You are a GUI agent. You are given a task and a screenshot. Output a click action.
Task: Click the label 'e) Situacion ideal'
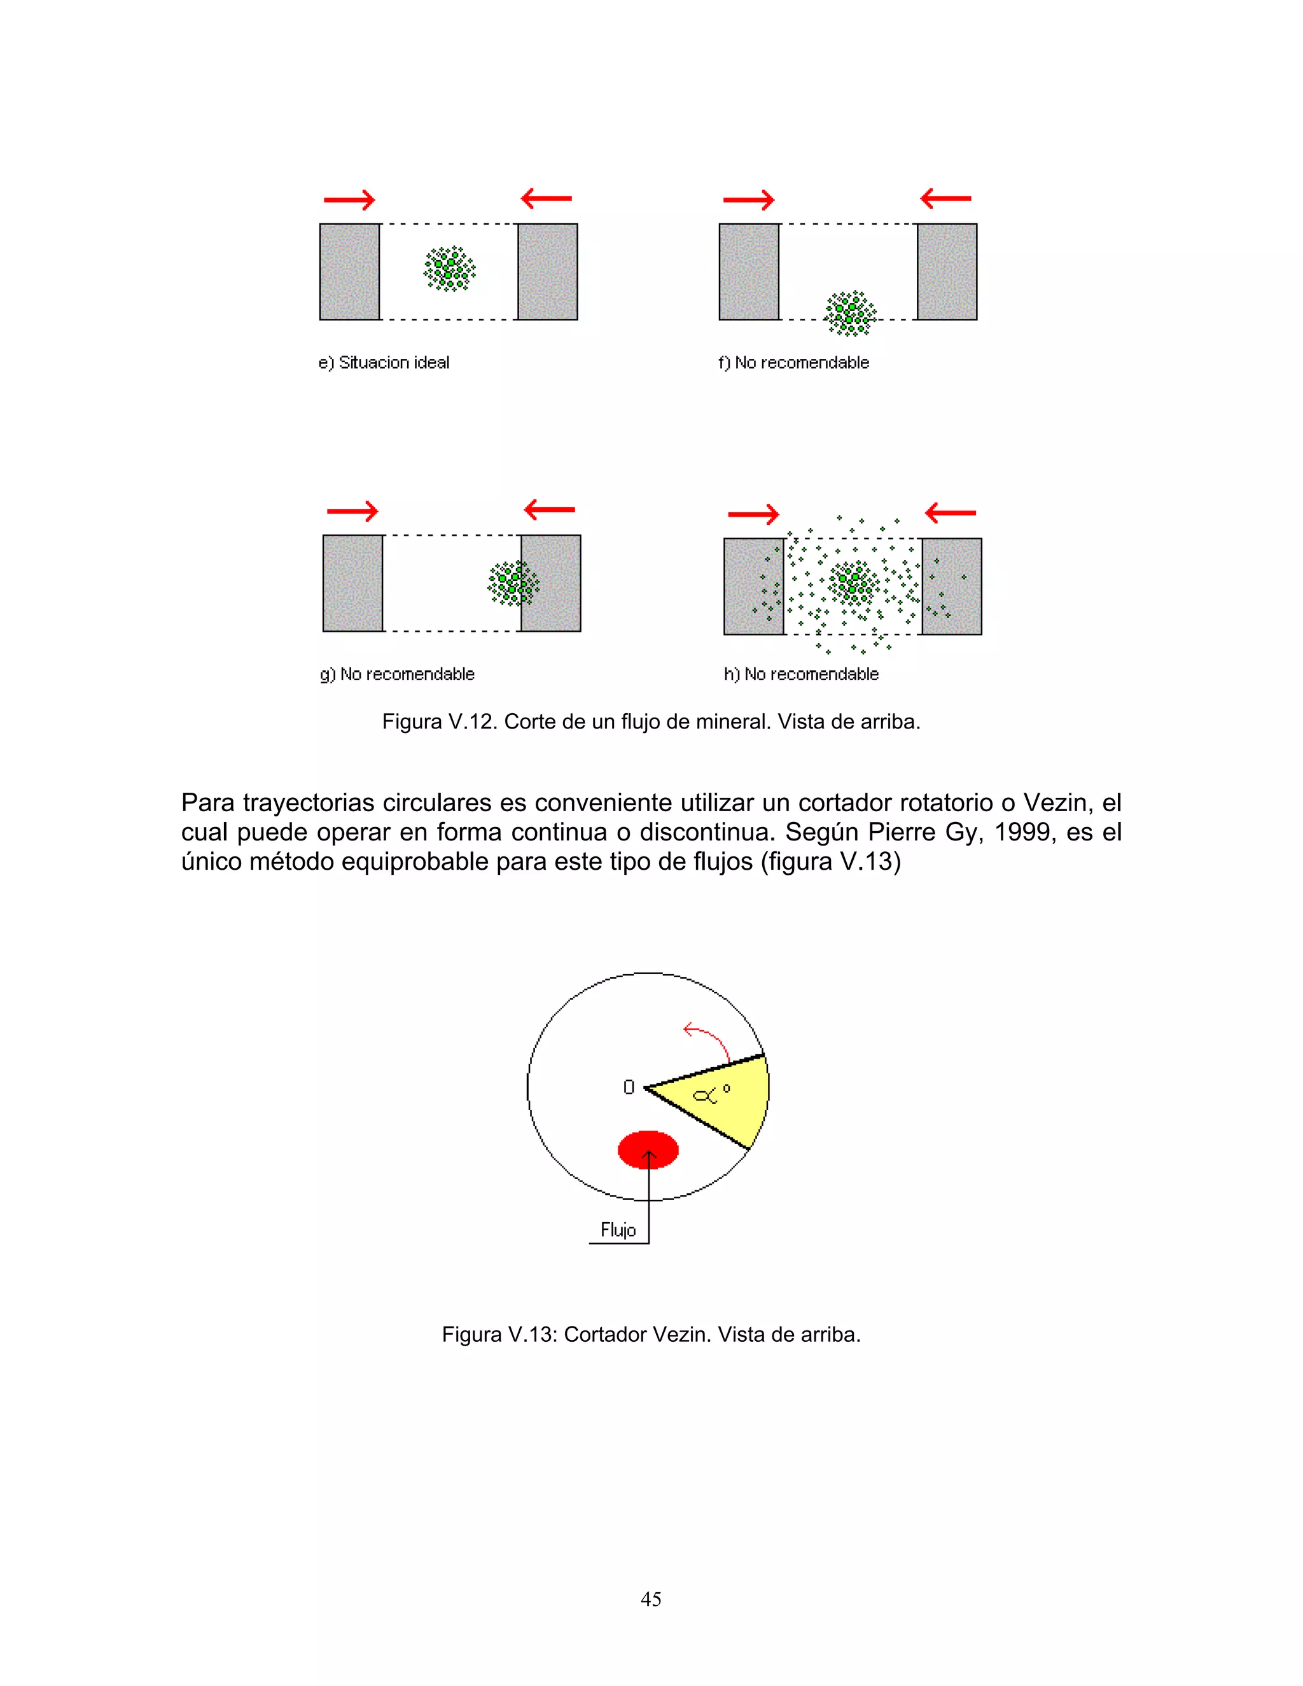click(384, 363)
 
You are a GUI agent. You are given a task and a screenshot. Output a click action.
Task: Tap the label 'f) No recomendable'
click(793, 363)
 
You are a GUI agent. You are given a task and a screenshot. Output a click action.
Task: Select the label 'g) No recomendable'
click(397, 674)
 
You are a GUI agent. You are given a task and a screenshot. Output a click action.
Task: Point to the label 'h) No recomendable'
click(801, 674)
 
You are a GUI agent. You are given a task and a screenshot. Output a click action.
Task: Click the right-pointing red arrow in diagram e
click(349, 200)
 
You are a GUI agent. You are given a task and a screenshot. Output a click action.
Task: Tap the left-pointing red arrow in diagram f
click(945, 199)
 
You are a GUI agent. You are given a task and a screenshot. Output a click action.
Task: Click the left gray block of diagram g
click(352, 583)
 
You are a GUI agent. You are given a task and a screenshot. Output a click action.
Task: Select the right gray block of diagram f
click(947, 272)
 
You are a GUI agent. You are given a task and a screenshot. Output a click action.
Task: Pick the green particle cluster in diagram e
click(449, 268)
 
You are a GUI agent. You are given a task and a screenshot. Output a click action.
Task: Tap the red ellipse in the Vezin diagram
click(648, 1150)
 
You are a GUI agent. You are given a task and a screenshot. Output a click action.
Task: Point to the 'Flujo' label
click(618, 1230)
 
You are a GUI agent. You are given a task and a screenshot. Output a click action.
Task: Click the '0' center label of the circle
click(629, 1087)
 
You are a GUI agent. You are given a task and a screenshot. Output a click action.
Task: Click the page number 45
click(651, 1599)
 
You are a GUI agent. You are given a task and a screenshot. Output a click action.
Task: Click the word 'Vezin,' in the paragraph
click(1057, 803)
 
